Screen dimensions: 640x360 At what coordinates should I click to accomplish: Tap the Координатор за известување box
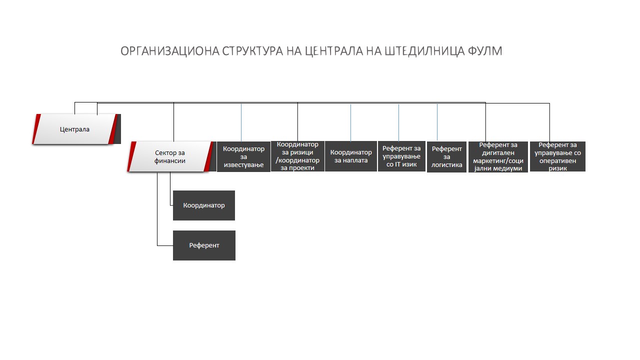pyautogui.click(x=243, y=156)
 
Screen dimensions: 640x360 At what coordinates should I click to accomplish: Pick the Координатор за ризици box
pyautogui.click(x=297, y=156)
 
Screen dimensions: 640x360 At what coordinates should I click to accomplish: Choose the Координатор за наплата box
pyautogui.click(x=351, y=156)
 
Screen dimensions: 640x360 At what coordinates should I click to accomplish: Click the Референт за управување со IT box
pyautogui.click(x=401, y=156)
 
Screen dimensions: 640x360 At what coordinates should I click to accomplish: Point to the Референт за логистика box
pyautogui.click(x=446, y=157)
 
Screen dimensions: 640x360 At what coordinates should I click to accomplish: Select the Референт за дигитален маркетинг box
pyautogui.click(x=498, y=157)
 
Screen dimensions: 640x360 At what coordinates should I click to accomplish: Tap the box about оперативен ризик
pyautogui.click(x=557, y=156)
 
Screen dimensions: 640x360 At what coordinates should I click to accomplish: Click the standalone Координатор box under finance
pyautogui.click(x=204, y=205)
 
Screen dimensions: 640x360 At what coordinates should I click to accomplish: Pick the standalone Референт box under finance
pyautogui.click(x=204, y=245)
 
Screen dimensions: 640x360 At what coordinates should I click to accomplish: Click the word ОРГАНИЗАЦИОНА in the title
pyautogui.click(x=170, y=51)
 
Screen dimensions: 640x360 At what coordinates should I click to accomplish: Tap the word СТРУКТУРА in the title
pyautogui.click(x=252, y=51)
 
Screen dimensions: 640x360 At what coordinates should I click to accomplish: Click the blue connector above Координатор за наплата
pyautogui.click(x=350, y=123)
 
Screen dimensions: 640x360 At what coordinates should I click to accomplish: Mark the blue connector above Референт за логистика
pyautogui.click(x=437, y=122)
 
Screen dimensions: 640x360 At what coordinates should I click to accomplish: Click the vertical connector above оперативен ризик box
pyautogui.click(x=549, y=122)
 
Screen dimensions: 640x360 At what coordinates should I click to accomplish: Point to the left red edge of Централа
pyautogui.click(x=36, y=129)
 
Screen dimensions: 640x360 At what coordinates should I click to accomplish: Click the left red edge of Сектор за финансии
pyautogui.click(x=131, y=156)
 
